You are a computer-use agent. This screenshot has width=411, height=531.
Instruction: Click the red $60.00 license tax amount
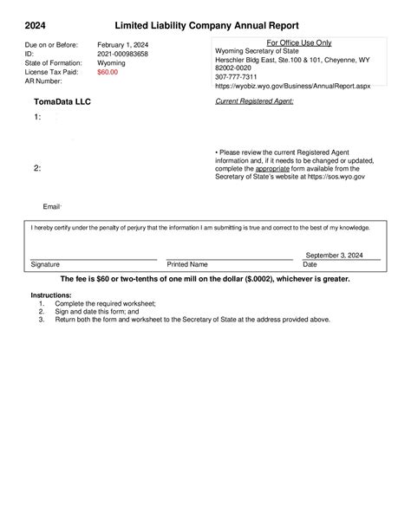pyautogui.click(x=108, y=72)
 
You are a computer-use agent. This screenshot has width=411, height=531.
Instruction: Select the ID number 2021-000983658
pyautogui.click(x=122, y=54)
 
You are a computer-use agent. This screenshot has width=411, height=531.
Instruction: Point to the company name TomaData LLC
pyautogui.click(x=62, y=101)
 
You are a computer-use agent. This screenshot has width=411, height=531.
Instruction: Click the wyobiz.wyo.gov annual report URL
pyautogui.click(x=295, y=87)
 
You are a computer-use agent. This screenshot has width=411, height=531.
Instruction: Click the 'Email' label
pyautogui.click(x=51, y=207)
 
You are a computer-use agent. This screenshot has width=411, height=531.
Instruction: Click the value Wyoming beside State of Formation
pyautogui.click(x=110, y=63)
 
